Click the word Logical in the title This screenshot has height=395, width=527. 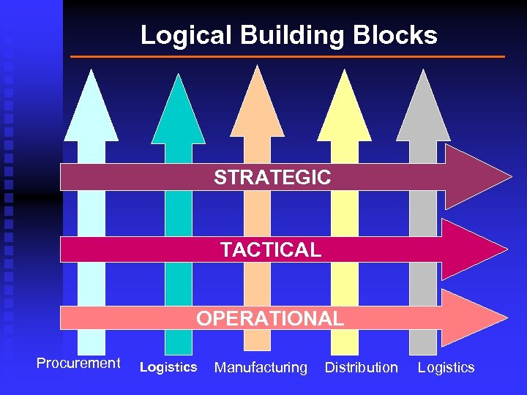pos(178,35)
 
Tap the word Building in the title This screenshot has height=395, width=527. pos(277,35)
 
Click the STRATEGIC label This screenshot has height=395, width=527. pos(272,177)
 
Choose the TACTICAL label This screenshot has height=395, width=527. pos(271,250)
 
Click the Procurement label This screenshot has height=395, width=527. pos(78,364)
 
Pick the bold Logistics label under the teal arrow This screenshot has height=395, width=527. pos(168,367)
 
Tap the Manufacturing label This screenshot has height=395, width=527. pos(261,368)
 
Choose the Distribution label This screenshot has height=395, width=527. pos(362,367)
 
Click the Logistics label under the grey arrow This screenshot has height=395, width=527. pos(446,368)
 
